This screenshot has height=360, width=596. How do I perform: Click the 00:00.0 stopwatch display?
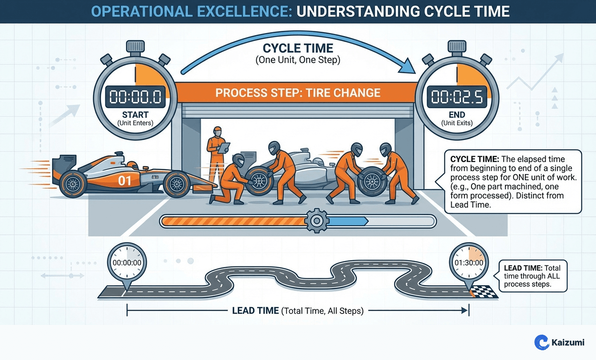pos(135,97)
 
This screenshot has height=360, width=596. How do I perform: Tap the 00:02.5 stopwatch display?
pos(457,97)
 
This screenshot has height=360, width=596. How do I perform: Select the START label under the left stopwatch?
pos(135,115)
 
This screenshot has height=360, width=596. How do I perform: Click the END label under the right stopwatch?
pos(457,115)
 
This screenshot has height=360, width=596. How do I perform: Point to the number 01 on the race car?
pos(124,181)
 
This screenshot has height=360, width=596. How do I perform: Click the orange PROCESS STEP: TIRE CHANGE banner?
pos(298,93)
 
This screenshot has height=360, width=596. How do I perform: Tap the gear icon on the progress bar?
pos(316,221)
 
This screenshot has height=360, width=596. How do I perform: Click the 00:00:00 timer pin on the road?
pos(127,263)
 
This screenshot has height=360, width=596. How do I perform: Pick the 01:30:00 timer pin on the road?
pos(469,263)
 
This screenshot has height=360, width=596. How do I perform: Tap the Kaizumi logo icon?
pos(541,342)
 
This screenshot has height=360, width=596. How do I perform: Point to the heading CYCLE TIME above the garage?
pos(298,48)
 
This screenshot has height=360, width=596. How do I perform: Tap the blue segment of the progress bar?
pos(347,221)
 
